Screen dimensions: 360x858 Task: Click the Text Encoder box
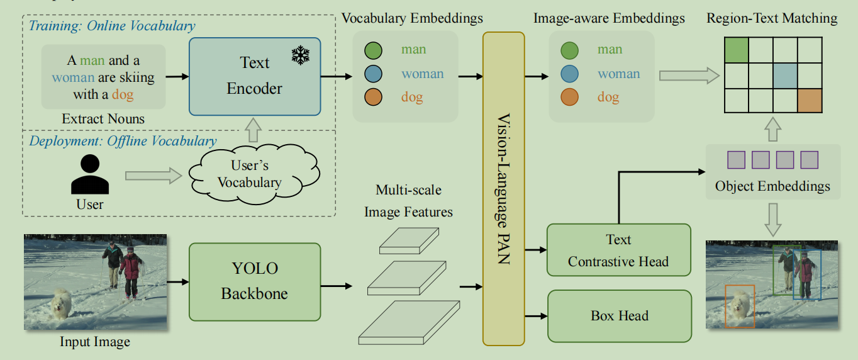point(255,76)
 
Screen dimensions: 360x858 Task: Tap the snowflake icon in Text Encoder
point(301,55)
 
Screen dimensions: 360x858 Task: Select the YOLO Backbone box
point(255,281)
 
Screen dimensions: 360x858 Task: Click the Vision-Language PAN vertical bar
point(503,189)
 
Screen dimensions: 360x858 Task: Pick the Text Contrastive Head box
point(618,250)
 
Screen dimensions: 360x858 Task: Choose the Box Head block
point(619,315)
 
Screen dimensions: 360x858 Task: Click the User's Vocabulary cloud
point(250,174)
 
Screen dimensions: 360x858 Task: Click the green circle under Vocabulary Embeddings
point(373,50)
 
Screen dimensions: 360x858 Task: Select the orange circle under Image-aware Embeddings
point(569,98)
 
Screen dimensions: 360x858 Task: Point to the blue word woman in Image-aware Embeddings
point(618,74)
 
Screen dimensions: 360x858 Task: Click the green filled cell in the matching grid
point(737,50)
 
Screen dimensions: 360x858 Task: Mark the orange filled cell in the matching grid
point(810,100)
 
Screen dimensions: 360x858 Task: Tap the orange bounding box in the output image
point(739,307)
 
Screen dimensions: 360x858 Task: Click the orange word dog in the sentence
point(123,95)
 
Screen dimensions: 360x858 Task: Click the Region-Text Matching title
point(772,18)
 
